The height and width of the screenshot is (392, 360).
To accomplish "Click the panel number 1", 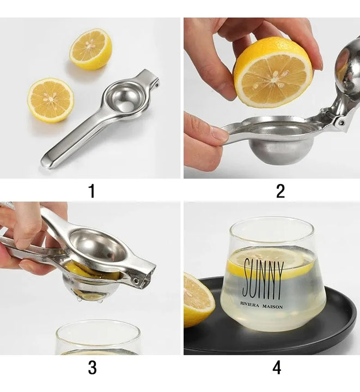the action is click(x=92, y=191).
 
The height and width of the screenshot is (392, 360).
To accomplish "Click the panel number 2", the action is click(x=280, y=191).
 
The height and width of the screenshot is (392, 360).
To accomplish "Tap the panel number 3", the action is click(x=92, y=367).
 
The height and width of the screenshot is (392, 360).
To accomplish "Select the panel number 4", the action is click(x=277, y=367).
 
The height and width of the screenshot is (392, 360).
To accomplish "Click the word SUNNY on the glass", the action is click(x=264, y=279).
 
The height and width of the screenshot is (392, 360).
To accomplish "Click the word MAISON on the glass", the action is click(x=272, y=306).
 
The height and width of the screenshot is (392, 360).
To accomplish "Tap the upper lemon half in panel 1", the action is click(x=90, y=49).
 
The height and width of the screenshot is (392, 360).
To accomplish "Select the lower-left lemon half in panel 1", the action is click(x=51, y=100).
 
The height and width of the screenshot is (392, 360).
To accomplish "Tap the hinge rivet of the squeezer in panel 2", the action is click(x=340, y=122).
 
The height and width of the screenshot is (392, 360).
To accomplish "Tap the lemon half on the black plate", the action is click(x=199, y=299).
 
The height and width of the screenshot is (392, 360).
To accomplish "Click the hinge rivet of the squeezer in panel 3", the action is click(x=136, y=280).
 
